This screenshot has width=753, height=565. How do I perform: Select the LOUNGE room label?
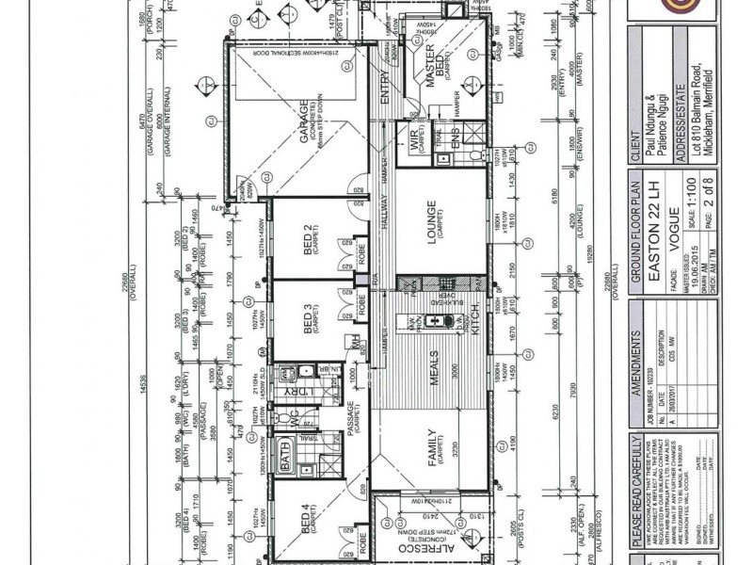(431, 222)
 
